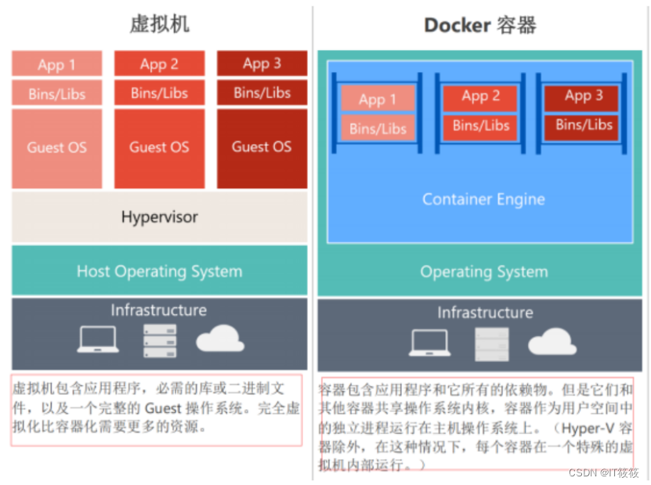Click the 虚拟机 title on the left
[160, 24]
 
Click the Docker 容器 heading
[480, 25]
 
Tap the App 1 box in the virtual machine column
[57, 63]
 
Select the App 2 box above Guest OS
[160, 63]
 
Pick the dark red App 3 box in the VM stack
[262, 63]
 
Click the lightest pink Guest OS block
[57, 148]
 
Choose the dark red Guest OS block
[262, 148]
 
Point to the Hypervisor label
[160, 217]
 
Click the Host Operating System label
[160, 272]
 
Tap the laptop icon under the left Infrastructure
[98, 340]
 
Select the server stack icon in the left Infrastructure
[160, 341]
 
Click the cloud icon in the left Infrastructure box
[220, 338]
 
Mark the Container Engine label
[483, 199]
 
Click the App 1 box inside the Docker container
[378, 99]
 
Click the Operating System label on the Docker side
[484, 272]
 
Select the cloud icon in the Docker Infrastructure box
[552, 342]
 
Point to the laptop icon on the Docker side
[430, 343]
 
